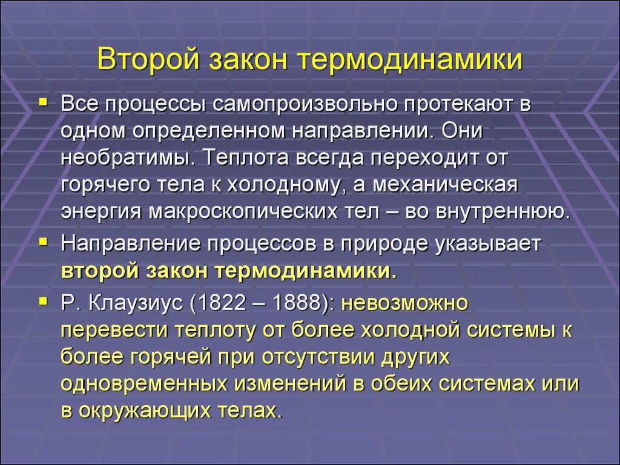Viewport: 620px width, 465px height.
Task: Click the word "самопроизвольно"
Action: coord(305,104)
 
